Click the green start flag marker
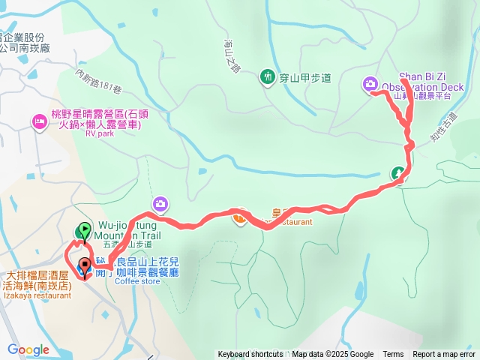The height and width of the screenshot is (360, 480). (x=84, y=229)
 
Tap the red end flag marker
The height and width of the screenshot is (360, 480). (x=84, y=265)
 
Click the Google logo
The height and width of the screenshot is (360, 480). (x=28, y=349)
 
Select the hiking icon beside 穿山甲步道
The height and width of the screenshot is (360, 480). (x=267, y=76)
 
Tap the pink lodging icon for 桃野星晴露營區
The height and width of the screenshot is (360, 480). (x=39, y=121)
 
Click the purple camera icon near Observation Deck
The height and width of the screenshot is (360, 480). (x=370, y=84)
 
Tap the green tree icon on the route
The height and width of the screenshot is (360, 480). (x=398, y=174)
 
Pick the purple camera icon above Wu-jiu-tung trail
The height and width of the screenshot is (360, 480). (x=160, y=203)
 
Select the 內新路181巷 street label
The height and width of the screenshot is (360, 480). (x=98, y=82)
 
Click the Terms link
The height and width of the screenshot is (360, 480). (x=393, y=355)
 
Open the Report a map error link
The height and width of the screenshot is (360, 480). (x=444, y=355)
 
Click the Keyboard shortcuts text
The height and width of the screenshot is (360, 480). (x=250, y=355)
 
